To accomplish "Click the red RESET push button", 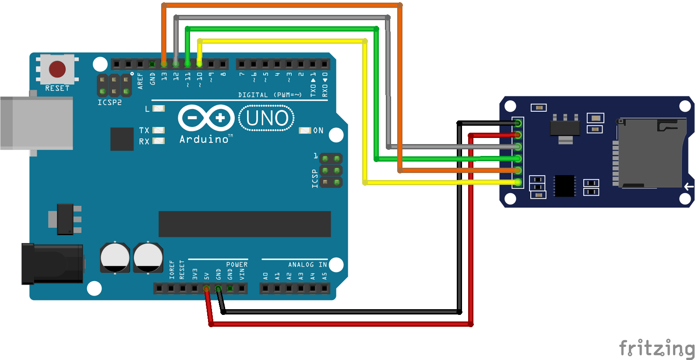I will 57,69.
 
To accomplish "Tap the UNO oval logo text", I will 267,118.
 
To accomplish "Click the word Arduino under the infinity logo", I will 204,139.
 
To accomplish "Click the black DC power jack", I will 53,264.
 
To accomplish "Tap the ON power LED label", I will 318,131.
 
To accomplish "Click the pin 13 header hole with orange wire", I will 164,64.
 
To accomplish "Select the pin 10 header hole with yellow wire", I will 199,64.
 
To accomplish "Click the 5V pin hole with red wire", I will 206,289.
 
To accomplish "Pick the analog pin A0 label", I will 265,276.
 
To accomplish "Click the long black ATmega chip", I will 244,224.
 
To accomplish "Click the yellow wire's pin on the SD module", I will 518,182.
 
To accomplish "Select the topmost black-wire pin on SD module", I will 518,123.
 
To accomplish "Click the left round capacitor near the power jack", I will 115,257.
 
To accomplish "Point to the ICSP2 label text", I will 109,102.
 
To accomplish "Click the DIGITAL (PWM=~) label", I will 270,95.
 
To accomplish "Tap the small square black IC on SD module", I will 564,186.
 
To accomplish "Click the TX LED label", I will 144,131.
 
